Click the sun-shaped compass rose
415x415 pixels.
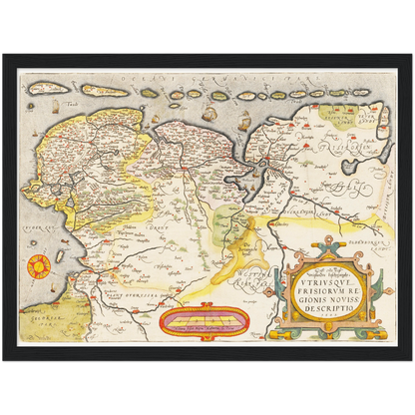pos(39,265)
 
